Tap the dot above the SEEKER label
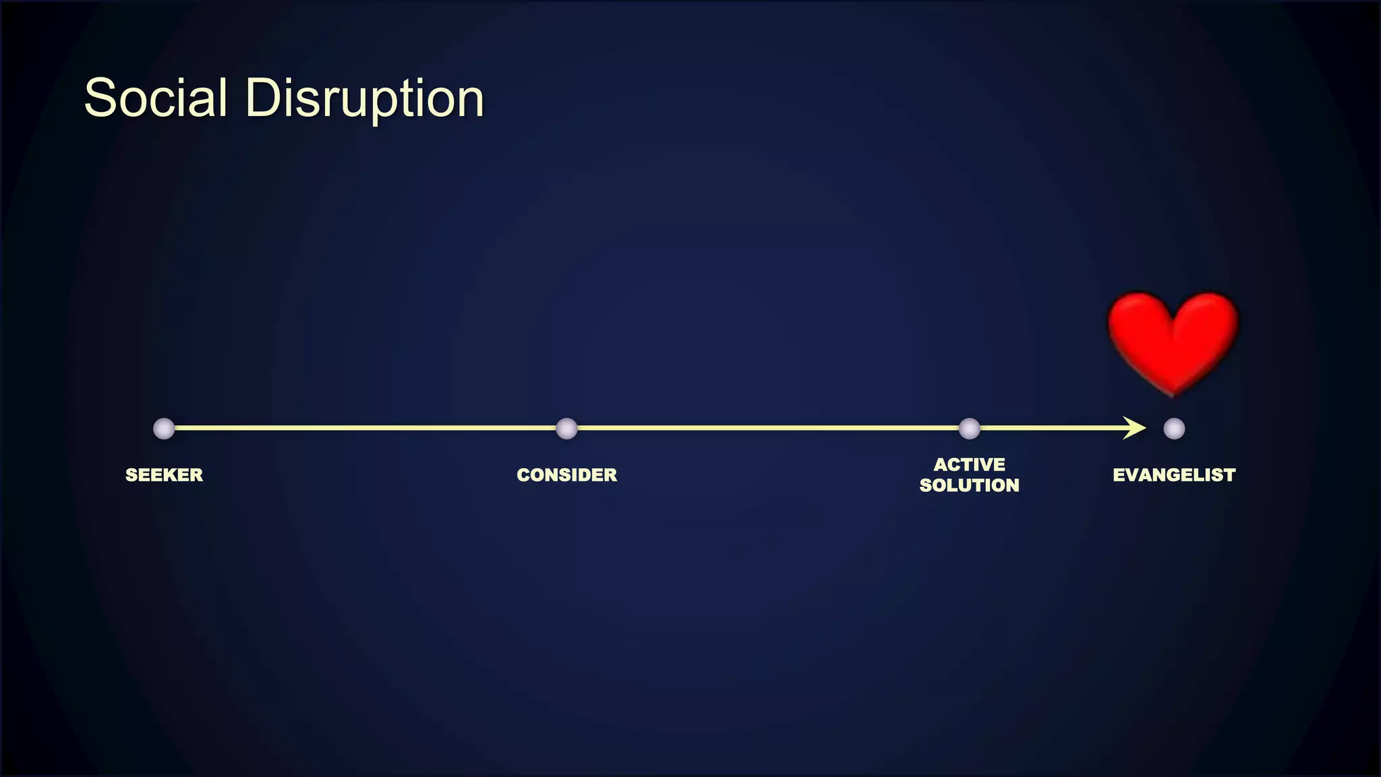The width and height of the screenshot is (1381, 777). point(164,428)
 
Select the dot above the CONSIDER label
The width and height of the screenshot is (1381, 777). point(566,428)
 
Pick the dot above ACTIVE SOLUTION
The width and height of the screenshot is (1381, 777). point(969,428)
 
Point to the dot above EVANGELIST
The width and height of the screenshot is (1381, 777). point(1174,428)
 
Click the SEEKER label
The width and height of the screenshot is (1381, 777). point(164,475)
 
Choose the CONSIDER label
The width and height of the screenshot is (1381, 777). point(566,475)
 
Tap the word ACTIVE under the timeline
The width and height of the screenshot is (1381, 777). point(969,465)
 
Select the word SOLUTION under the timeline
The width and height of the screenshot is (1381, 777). point(969,486)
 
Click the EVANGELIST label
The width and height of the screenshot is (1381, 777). point(1174,475)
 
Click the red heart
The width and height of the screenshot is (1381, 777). point(1173,337)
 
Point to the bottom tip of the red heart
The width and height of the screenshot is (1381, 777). point(1173,393)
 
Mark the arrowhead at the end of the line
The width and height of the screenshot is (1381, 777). point(1136,428)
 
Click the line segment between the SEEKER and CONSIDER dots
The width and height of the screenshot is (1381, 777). point(364,428)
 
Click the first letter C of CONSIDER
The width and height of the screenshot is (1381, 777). point(524,475)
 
